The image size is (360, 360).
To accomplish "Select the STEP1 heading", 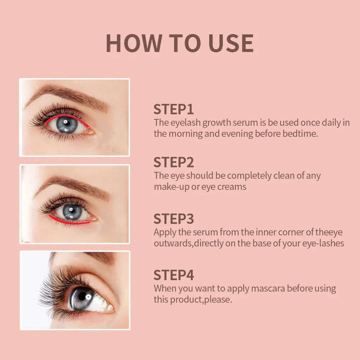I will click(x=173, y=109).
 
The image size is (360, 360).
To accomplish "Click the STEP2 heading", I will click(x=173, y=162).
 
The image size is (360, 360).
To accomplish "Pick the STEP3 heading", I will click(x=173, y=218).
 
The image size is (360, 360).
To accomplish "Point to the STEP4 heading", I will click(x=173, y=275).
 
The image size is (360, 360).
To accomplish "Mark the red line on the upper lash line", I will click(x=65, y=116).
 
